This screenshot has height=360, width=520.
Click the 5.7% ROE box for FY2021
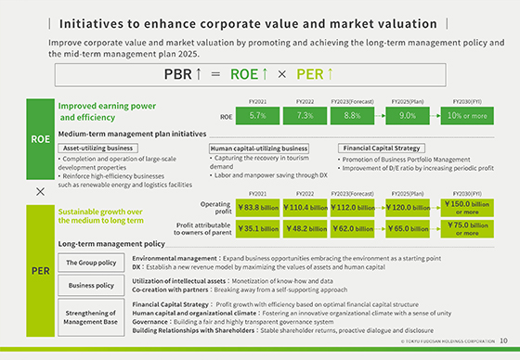(259, 117)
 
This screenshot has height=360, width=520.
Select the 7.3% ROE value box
(305, 117)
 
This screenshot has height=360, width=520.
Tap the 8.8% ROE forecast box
(352, 117)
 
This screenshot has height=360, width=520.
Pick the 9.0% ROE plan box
(407, 117)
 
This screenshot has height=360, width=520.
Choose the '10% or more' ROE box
(468, 117)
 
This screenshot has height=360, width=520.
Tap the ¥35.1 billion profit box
(259, 227)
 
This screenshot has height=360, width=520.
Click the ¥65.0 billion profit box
(407, 227)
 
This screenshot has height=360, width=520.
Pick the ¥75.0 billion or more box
(468, 227)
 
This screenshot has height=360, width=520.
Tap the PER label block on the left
(40, 270)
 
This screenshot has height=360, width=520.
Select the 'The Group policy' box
(92, 263)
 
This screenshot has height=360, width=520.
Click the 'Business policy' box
(92, 285)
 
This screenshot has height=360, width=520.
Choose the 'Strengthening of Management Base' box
(92, 315)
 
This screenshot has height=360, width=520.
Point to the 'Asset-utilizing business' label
(96, 148)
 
